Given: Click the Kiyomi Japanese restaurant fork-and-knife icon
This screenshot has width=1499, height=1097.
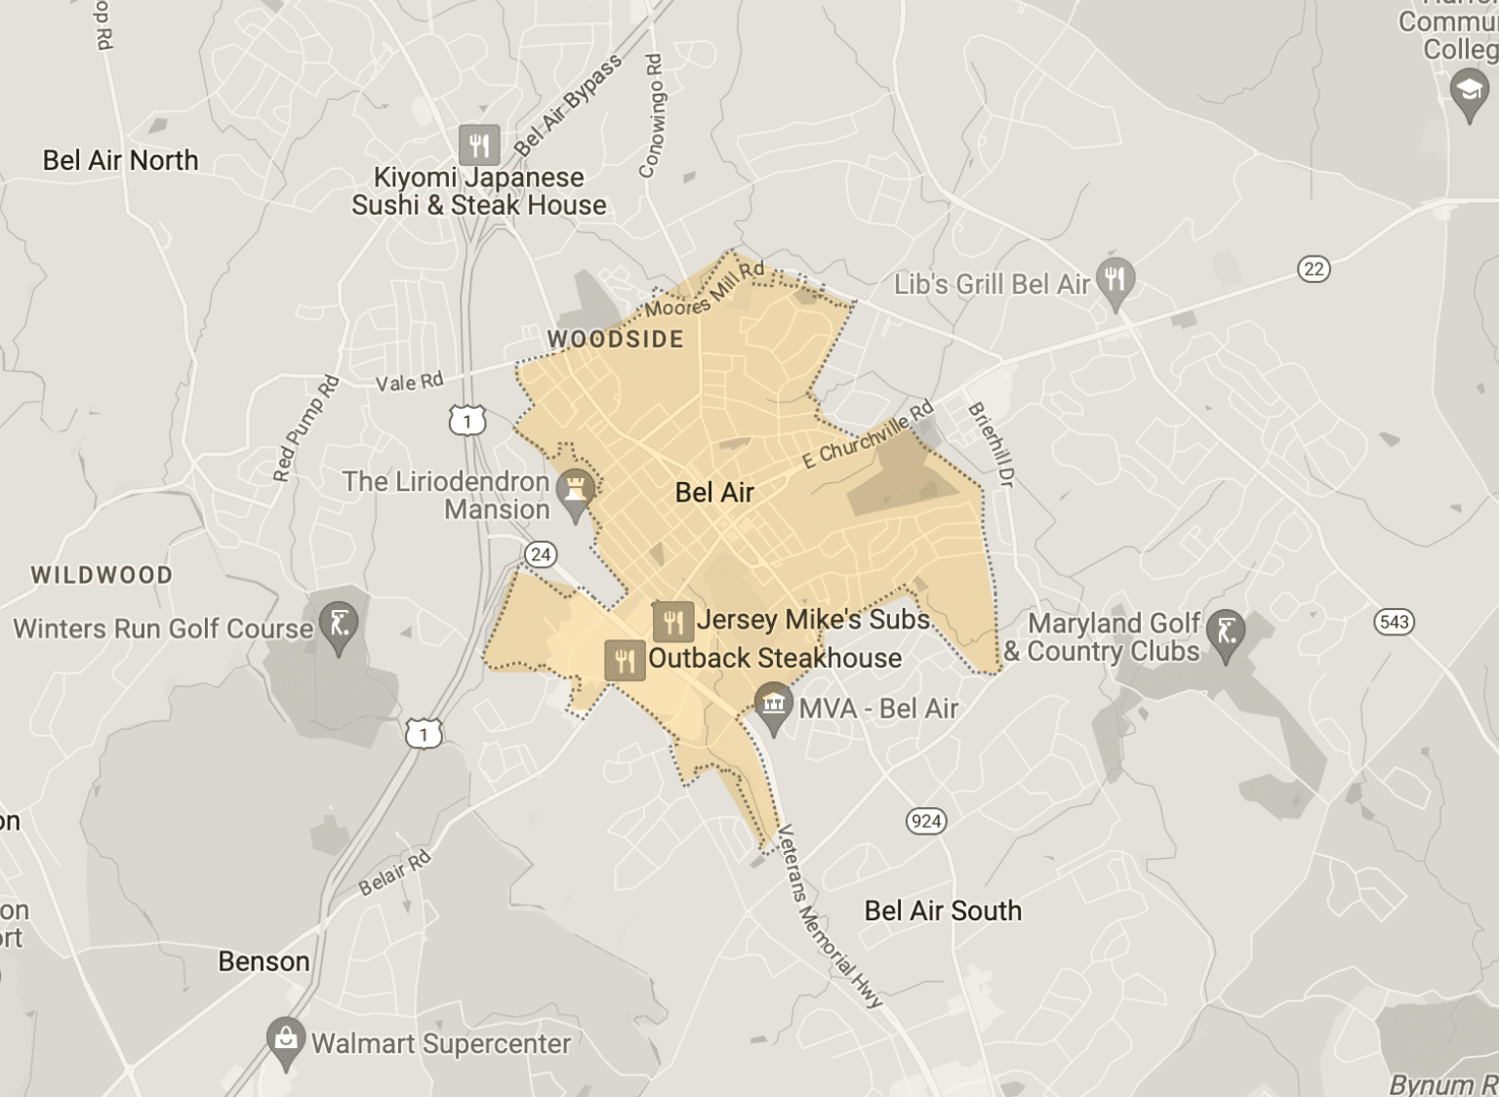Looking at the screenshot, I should click(x=479, y=145).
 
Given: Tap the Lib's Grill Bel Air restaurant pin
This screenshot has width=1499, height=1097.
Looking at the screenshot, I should click(x=1114, y=280).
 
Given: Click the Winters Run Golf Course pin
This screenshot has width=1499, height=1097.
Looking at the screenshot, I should click(x=339, y=624).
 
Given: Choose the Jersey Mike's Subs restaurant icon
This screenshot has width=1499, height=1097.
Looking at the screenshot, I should click(x=672, y=621).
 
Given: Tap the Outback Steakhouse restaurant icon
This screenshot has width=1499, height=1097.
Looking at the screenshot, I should click(x=625, y=660).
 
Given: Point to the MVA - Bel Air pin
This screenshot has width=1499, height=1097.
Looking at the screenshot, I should click(x=774, y=705).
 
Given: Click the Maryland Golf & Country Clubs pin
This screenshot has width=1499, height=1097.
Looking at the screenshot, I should click(x=1227, y=632).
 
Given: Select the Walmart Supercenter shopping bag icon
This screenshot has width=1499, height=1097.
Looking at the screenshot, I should click(x=286, y=1039).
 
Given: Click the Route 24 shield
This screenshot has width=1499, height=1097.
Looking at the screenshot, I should click(x=540, y=554).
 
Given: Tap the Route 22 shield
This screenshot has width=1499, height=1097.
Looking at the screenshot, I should click(x=1314, y=268).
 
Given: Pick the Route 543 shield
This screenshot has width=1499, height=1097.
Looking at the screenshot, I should click(x=1394, y=622).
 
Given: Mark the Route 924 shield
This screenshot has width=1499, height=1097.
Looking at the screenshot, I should click(x=925, y=820).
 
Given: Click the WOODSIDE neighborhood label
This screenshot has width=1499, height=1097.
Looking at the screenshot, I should click(x=616, y=340).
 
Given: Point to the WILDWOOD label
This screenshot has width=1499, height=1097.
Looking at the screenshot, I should click(x=101, y=575).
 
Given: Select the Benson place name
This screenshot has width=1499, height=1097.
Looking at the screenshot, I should click(x=263, y=961).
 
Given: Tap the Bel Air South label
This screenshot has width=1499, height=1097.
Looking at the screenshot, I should click(x=943, y=911).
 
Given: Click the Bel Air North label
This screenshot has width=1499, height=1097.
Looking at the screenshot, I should click(x=120, y=160).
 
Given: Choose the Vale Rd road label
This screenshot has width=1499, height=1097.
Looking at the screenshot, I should click(x=410, y=382).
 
